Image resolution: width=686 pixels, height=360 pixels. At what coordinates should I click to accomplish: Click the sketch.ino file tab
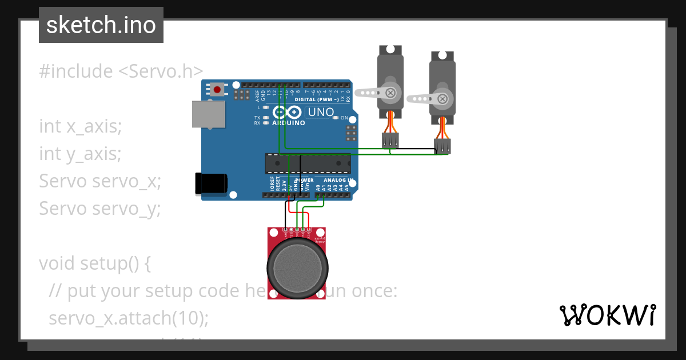[x=101, y=25]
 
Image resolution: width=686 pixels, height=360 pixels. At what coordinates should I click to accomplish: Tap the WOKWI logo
[x=607, y=315]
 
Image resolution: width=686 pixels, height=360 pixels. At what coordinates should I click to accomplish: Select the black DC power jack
[x=211, y=183]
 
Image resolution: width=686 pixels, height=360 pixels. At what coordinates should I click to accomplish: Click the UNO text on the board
[x=321, y=112]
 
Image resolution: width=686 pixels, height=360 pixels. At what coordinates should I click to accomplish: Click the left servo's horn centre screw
[x=390, y=92]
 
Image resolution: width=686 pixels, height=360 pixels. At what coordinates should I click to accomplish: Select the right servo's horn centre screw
[x=442, y=99]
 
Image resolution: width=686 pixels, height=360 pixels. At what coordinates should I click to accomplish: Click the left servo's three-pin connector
[x=390, y=140]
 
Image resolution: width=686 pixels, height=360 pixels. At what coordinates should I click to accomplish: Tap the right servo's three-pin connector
[x=442, y=146]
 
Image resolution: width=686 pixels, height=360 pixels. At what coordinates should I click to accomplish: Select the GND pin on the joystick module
[x=285, y=230]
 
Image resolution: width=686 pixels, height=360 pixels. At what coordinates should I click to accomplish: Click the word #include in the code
[x=76, y=71]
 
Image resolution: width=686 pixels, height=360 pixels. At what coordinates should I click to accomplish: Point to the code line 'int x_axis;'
[x=81, y=126]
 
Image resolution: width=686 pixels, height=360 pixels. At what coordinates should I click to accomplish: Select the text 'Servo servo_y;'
[x=100, y=209]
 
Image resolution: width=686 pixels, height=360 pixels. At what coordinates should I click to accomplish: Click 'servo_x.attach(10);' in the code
[x=129, y=318]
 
